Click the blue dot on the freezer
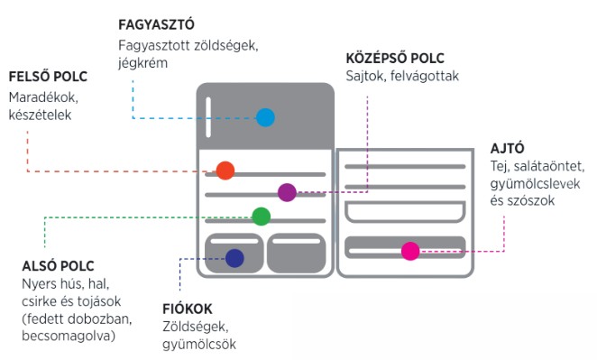(x=264, y=117)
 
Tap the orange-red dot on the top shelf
(x=225, y=171)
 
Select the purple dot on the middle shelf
(x=287, y=191)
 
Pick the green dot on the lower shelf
(x=261, y=216)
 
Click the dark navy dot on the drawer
(x=234, y=258)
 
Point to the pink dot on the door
(x=410, y=251)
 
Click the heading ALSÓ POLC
(x=58, y=265)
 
